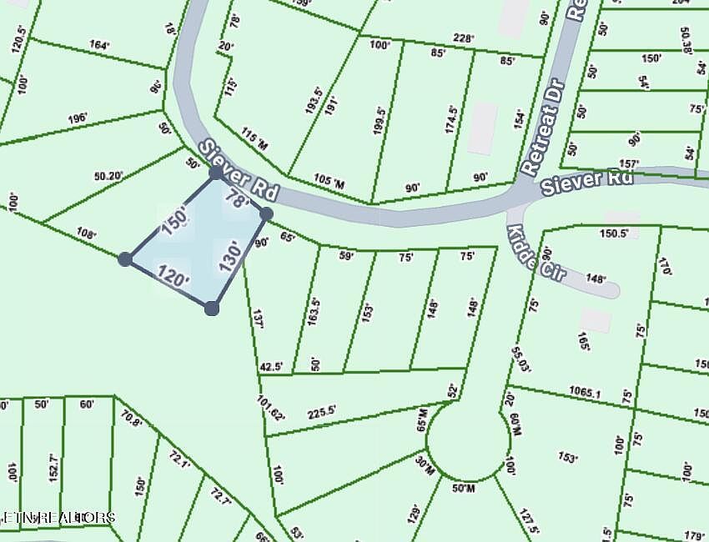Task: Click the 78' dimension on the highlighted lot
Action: pyautogui.click(x=238, y=201)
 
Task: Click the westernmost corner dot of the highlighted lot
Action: pyautogui.click(x=125, y=259)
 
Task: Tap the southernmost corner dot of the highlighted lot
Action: pyautogui.click(x=212, y=309)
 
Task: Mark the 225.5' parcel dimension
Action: pyautogui.click(x=321, y=410)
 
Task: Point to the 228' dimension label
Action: pyautogui.click(x=463, y=38)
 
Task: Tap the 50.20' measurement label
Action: pyautogui.click(x=108, y=176)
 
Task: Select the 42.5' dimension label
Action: pyautogui.click(x=272, y=365)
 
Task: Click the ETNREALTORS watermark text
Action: pyautogui.click(x=58, y=518)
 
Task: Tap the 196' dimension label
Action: pyautogui.click(x=78, y=118)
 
